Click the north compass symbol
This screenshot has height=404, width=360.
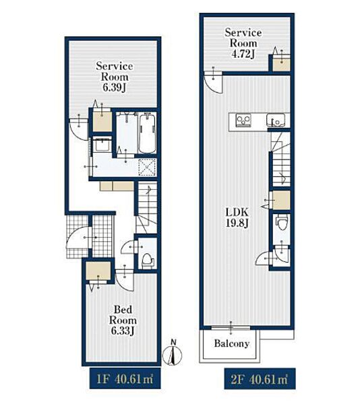pos(172,354)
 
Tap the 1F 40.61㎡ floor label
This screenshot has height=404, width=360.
pos(125,378)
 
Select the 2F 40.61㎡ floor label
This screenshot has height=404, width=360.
pos(260,378)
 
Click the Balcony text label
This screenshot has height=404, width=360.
pos(232,343)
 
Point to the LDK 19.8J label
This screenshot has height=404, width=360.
pos(237,218)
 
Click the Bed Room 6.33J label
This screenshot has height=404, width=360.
pos(123,321)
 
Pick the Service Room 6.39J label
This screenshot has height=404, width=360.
pos(114,77)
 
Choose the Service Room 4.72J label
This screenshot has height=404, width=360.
pos(243,43)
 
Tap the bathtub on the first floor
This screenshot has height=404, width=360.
pos(148,134)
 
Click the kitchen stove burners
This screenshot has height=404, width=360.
pos(243,120)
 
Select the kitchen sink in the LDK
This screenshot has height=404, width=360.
pos(276,120)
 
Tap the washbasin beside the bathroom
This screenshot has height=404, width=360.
pos(102,145)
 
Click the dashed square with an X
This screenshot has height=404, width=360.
pos(147,167)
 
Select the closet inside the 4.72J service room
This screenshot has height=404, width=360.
pos(281,64)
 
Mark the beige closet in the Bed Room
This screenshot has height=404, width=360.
pos(98,271)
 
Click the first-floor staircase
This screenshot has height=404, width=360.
pos(146,207)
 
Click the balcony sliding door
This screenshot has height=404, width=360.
pos(231,328)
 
